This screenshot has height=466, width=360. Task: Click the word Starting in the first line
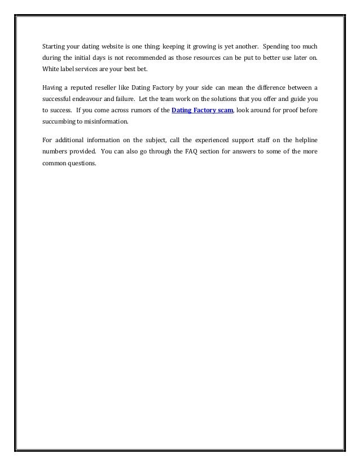(x=54, y=47)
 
